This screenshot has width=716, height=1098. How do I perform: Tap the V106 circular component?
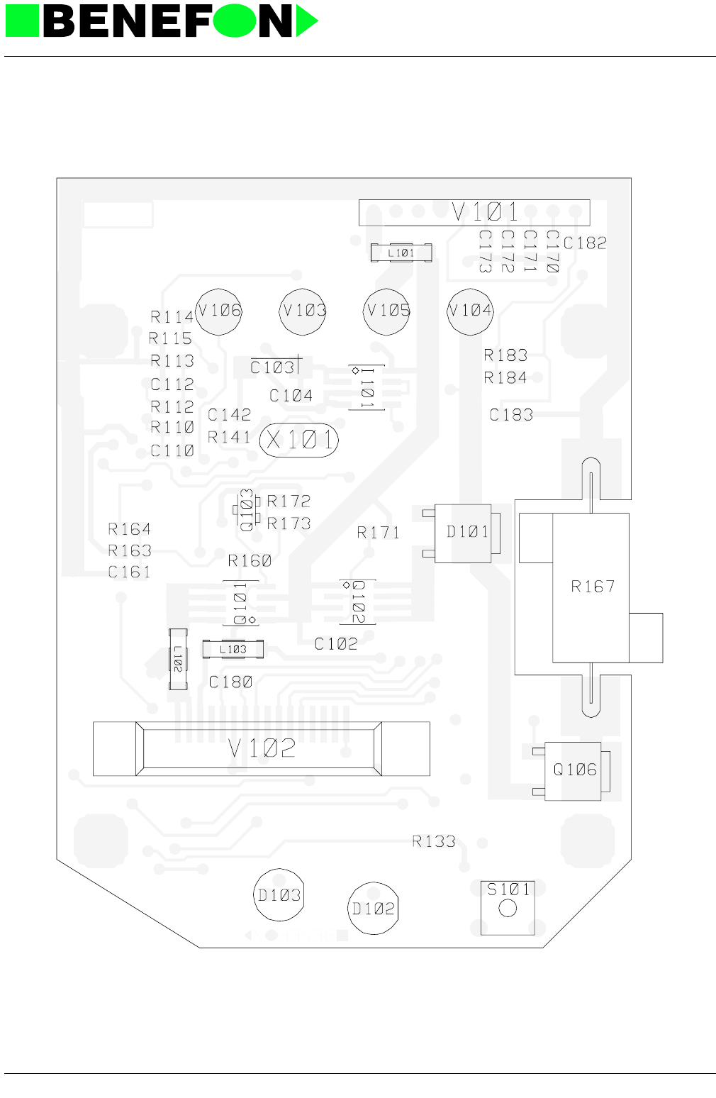coord(218,311)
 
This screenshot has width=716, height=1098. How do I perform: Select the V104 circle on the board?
coord(470,311)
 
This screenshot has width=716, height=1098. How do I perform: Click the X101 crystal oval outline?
coord(299,440)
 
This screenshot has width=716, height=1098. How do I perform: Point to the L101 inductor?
coord(401,253)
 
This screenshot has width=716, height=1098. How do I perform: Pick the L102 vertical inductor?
coord(178,659)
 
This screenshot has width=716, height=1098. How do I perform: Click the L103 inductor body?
coord(233,649)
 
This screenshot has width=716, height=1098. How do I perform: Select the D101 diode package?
coord(463,533)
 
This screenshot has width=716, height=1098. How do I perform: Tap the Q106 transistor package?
coord(573,771)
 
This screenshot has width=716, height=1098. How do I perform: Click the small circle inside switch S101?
coord(508,908)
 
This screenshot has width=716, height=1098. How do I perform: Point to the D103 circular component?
coord(279,895)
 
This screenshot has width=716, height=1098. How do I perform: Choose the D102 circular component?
coord(374,909)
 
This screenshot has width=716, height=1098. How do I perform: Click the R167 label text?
coord(593,587)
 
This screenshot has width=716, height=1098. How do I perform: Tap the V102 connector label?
coord(262,748)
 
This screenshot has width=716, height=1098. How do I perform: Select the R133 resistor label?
coord(433,841)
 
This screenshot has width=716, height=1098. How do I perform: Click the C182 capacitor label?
coord(585,243)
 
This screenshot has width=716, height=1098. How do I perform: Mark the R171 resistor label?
coord(378,533)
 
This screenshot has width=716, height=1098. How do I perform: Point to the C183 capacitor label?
coord(511,415)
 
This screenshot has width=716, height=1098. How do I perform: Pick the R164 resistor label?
coord(129,529)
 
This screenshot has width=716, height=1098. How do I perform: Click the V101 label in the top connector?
coord(485,212)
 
